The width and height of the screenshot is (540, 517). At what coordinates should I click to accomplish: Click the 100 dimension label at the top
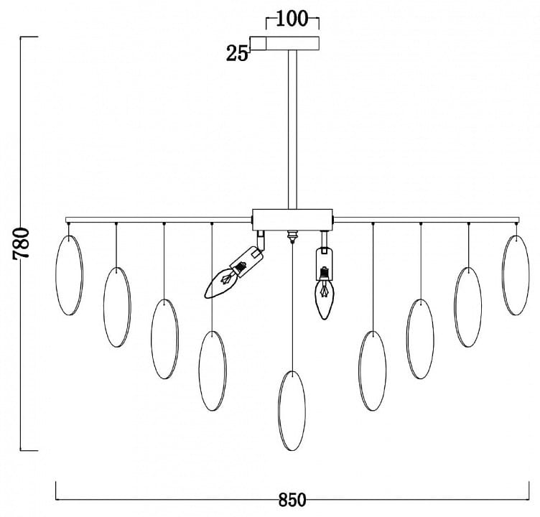tap(292, 19)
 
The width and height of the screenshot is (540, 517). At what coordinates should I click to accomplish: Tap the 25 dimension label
tap(237, 54)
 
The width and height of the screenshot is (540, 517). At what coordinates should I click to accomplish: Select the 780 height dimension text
tap(22, 243)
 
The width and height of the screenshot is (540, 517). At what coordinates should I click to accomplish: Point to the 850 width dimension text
tap(292, 500)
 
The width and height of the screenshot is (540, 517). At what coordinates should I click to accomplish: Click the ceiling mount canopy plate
tap(284, 43)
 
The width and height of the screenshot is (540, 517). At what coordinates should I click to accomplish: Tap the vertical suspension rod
tap(292, 129)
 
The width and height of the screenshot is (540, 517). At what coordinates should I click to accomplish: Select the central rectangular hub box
tap(292, 220)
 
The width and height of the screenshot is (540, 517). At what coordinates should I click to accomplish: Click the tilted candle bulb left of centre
tap(220, 282)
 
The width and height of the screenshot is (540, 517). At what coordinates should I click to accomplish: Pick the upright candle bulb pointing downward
tap(325, 294)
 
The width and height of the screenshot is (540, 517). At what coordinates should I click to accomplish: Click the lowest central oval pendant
tap(292, 411)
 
